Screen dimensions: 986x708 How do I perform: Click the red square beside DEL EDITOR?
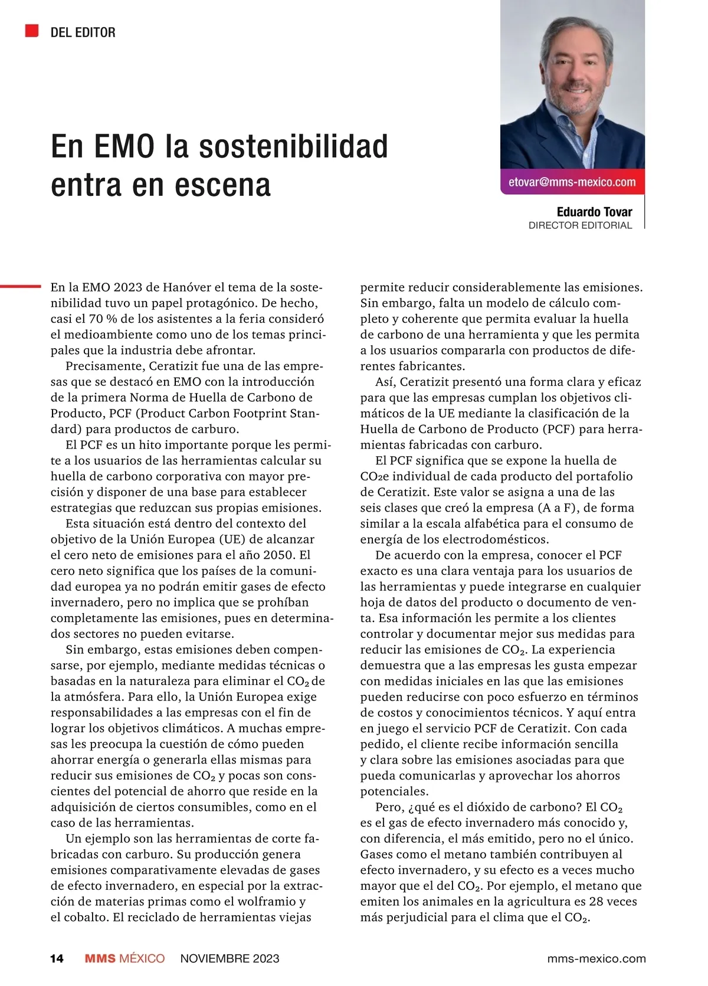pyautogui.click(x=32, y=31)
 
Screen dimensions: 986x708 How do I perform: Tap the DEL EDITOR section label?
pyautogui.click(x=83, y=32)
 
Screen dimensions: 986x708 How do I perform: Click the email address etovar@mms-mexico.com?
pyautogui.click(x=572, y=182)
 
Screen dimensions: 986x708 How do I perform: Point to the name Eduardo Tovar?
pyautogui.click(x=594, y=212)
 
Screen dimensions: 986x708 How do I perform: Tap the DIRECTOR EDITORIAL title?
pyautogui.click(x=580, y=225)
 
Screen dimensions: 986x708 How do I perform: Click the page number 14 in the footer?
pyautogui.click(x=57, y=958)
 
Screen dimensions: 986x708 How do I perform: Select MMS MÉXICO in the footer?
pyautogui.click(x=124, y=958)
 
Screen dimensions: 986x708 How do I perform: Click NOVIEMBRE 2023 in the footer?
pyautogui.click(x=230, y=958)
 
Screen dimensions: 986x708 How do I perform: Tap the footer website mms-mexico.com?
pyautogui.click(x=596, y=958)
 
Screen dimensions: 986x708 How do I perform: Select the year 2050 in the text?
pyautogui.click(x=280, y=555)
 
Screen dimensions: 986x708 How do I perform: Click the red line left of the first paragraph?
pyautogui.click(x=21, y=286)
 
